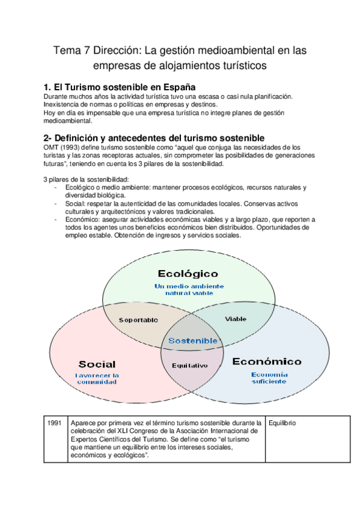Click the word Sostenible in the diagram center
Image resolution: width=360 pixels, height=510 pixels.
point(193,340)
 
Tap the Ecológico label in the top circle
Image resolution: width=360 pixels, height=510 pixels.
point(188,274)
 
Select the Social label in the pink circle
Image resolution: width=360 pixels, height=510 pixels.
point(97,364)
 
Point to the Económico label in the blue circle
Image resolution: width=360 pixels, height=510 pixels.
point(266,361)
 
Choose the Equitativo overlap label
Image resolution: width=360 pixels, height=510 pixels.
point(189,365)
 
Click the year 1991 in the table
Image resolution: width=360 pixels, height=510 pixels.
point(55,423)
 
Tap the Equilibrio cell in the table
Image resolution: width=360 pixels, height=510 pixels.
point(284,423)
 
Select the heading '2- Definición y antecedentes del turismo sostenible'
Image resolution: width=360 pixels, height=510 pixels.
point(154,138)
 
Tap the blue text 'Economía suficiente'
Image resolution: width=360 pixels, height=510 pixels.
point(269,378)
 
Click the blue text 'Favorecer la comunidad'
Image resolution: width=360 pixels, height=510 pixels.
point(97,378)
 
